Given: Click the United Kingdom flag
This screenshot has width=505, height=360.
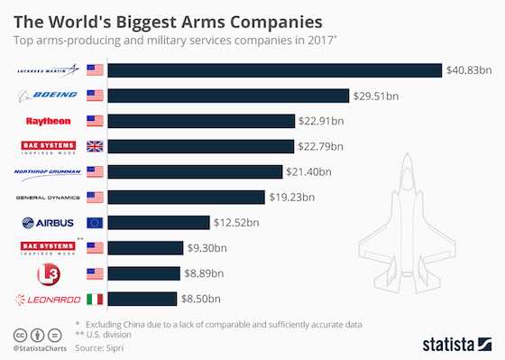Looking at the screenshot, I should coord(95,146).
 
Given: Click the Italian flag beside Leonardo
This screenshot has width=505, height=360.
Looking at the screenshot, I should coord(95,299).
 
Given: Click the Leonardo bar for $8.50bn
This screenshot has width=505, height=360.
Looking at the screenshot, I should coord(144,299).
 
